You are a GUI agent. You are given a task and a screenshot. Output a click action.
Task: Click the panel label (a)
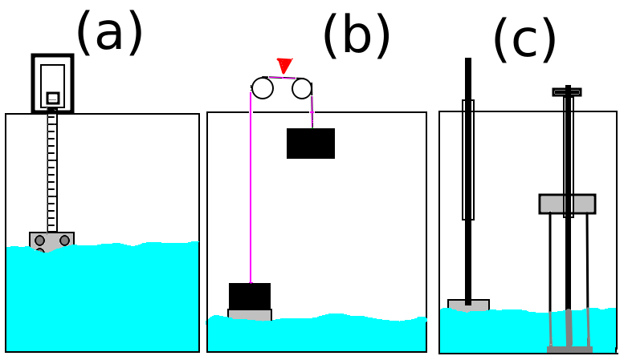(x=109, y=33)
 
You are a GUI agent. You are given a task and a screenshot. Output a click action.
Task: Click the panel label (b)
(x=357, y=35)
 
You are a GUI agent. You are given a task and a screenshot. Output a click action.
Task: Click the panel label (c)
(x=524, y=39)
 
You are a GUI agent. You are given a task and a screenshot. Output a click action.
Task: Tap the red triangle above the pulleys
(x=284, y=66)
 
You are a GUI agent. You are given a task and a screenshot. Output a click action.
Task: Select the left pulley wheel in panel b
(x=263, y=88)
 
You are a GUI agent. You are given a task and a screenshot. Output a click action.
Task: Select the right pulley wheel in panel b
(x=302, y=88)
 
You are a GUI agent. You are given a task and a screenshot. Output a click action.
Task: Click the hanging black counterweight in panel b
(x=311, y=144)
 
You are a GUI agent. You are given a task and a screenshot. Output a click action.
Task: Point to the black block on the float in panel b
(x=250, y=296)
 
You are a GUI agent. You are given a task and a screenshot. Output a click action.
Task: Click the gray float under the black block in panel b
(x=250, y=315)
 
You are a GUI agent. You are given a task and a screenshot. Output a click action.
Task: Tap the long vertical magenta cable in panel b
(x=251, y=187)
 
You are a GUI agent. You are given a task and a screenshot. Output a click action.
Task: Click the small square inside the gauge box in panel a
(x=53, y=98)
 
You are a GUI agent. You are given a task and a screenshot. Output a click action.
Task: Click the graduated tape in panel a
(x=52, y=170)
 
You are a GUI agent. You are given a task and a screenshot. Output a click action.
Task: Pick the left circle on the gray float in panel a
(x=39, y=241)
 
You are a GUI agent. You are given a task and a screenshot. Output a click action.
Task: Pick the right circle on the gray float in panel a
(x=64, y=241)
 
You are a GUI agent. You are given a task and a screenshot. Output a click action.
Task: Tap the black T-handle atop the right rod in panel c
(x=567, y=92)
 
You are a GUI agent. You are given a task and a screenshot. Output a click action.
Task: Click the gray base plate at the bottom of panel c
(x=569, y=350)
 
